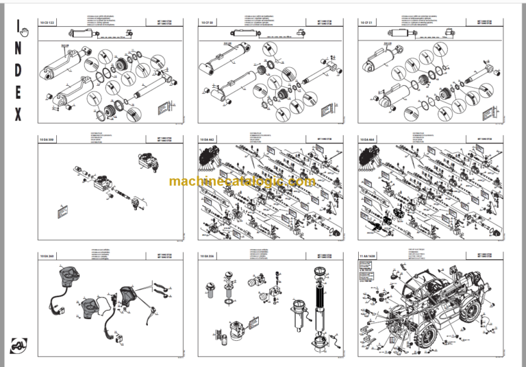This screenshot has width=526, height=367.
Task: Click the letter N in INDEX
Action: click(x=17, y=49)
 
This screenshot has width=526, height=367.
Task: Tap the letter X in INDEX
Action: click(x=17, y=115)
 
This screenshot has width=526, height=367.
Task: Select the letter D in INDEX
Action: click(x=17, y=71)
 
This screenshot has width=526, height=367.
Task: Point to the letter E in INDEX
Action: click(x=17, y=93)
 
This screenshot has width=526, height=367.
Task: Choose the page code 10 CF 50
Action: click(x=208, y=23)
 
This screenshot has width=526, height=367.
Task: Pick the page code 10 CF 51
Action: click(x=368, y=23)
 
